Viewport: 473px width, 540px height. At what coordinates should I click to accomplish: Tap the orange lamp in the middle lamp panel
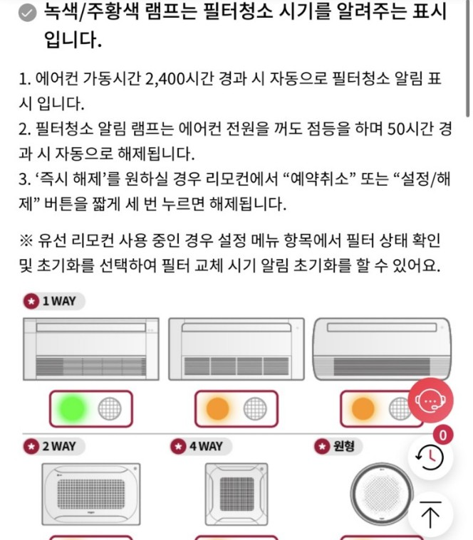[218, 408]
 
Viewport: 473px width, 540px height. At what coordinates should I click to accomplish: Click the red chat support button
[430, 401]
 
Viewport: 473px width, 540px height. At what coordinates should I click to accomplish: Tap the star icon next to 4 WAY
[178, 447]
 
